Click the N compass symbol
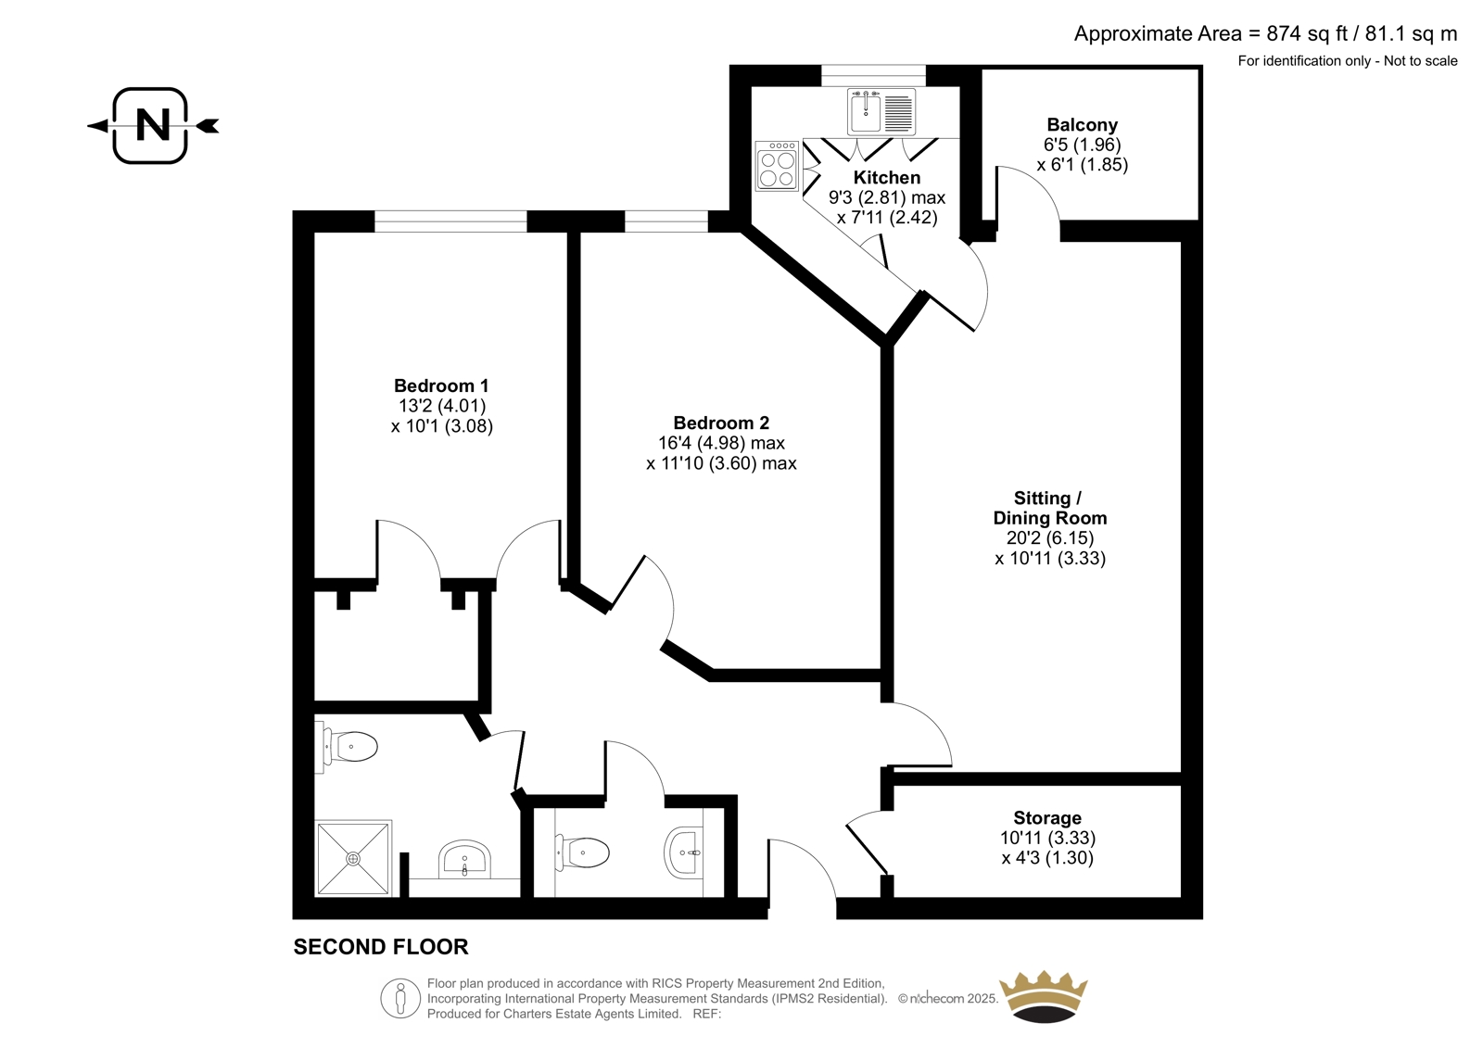point(153,125)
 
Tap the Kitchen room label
point(886,177)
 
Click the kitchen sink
point(881,111)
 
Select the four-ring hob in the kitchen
point(778,166)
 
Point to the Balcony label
point(1082,124)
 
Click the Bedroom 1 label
point(441,385)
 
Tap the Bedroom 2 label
point(721,423)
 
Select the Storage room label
point(1047,817)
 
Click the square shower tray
point(353,859)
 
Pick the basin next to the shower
point(464,859)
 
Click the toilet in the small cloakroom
point(582,852)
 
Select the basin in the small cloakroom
point(683,852)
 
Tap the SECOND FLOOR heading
point(381,947)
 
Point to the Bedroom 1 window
point(450,221)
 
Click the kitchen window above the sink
point(874,75)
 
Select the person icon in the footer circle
point(400,998)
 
